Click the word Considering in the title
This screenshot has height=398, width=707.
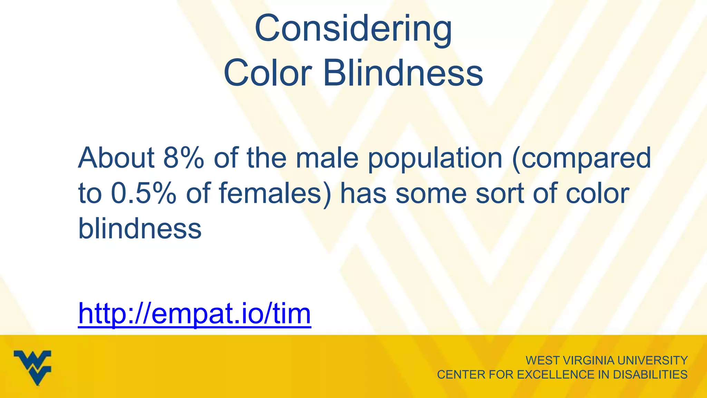(x=353, y=29)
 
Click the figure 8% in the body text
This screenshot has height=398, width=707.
(x=184, y=158)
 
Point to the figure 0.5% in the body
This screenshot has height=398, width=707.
(x=144, y=193)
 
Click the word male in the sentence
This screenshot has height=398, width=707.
(x=327, y=158)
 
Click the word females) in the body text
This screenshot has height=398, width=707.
(x=275, y=193)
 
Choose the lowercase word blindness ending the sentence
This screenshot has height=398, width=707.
(x=140, y=229)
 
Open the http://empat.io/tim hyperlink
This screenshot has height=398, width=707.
(x=195, y=314)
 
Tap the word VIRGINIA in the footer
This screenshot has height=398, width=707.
(x=589, y=360)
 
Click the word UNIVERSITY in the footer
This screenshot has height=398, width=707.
(x=652, y=360)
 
